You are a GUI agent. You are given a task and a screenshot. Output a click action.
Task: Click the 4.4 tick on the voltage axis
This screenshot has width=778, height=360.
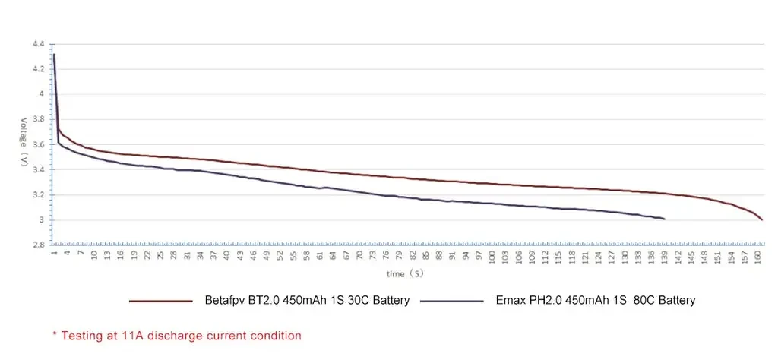[38, 44]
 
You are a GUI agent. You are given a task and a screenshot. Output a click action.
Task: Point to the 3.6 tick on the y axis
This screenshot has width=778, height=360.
[38, 145]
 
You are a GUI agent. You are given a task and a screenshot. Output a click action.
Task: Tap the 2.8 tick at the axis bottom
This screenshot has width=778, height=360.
[38, 245]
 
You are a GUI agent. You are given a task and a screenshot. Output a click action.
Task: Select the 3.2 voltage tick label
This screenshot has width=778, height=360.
[38, 195]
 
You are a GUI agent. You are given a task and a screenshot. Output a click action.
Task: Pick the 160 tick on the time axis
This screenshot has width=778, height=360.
[759, 257]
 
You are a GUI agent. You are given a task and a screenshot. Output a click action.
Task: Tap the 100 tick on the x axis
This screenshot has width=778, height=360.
[492, 257]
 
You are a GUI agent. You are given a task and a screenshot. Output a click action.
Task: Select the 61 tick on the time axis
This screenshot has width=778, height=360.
[319, 257]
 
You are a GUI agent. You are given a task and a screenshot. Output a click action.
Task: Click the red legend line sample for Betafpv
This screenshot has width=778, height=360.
[160, 302]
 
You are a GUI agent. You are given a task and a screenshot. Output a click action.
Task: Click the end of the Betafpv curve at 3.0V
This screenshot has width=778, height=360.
[761, 219]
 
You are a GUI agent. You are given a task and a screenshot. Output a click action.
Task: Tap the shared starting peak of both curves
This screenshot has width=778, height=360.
[53, 55]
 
